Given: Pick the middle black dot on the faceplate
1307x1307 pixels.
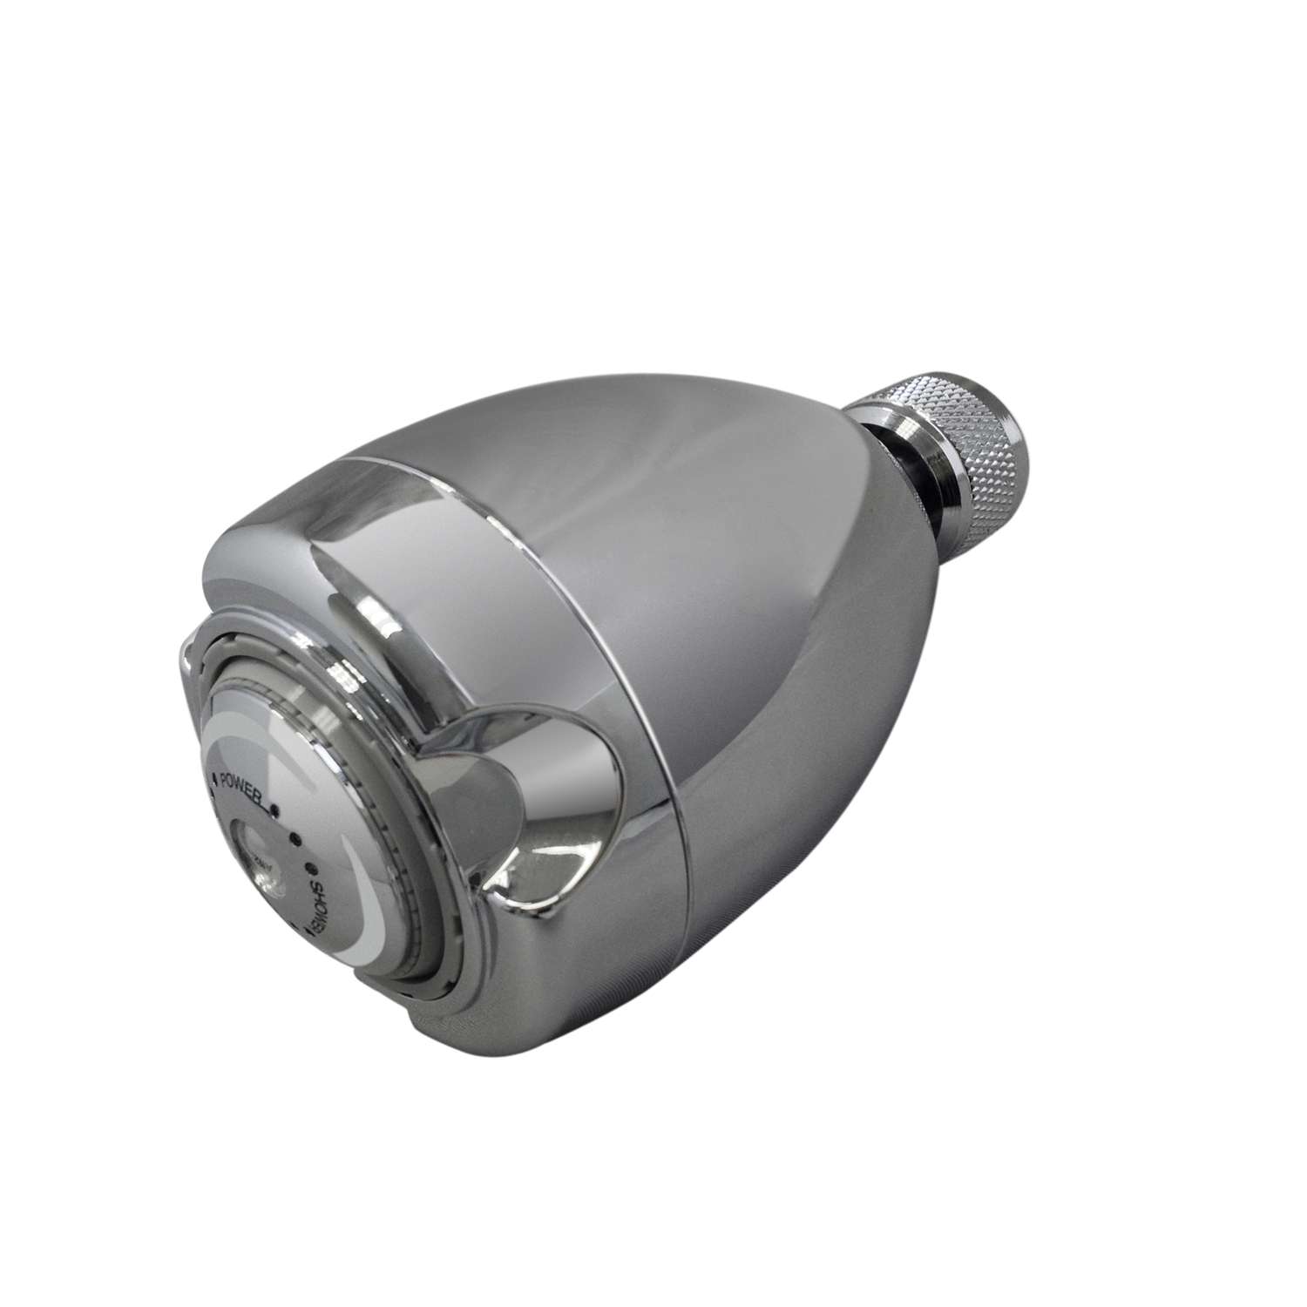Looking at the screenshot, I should [x=295, y=843].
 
